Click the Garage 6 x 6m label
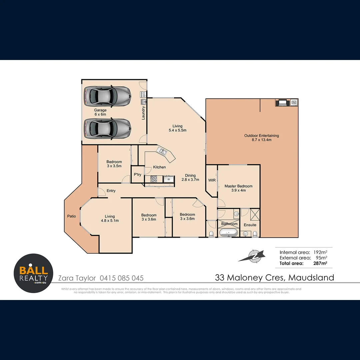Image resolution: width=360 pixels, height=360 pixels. (x=100, y=112)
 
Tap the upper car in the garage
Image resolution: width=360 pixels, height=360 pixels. (x=107, y=96)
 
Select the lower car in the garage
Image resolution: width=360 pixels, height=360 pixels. (x=107, y=128)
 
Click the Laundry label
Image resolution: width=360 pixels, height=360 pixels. (x=143, y=113)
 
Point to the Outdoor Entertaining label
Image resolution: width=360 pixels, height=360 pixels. (x=261, y=138)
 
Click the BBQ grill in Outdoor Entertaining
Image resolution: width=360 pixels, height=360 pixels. (x=282, y=103)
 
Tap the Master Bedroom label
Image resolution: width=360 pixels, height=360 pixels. (x=238, y=188)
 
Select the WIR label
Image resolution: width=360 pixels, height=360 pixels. (x=212, y=180)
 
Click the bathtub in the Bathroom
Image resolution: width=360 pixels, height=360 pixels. (x=228, y=233)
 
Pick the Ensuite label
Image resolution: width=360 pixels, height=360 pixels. (x=250, y=225)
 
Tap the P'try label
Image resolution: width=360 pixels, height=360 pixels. (x=137, y=175)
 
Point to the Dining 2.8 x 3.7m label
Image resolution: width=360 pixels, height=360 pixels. (x=190, y=177)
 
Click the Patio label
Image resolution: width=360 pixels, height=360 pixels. (x=71, y=216)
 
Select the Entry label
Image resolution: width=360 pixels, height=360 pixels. (x=111, y=191)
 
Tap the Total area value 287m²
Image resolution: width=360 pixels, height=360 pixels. (x=320, y=263)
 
